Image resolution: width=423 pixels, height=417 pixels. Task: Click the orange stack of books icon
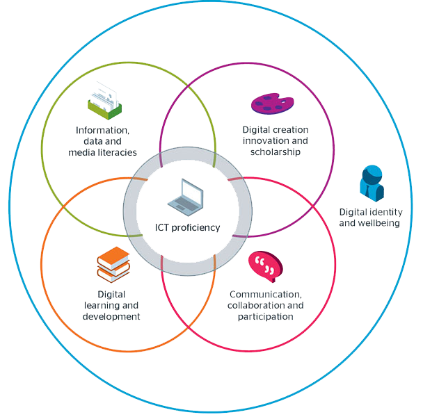point(113,265)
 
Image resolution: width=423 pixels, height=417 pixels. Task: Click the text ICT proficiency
point(187,227)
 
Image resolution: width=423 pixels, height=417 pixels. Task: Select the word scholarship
point(276,152)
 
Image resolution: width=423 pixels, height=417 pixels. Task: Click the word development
point(113,317)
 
